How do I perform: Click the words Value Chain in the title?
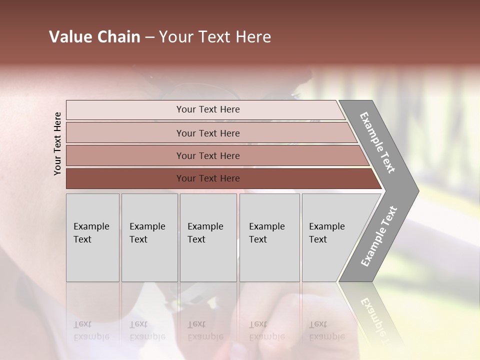94,37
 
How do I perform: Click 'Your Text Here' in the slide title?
215,37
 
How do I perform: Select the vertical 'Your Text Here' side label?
57,143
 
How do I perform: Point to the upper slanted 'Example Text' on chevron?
377,143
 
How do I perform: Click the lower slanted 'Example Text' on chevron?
378,236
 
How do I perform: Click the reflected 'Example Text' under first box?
91,330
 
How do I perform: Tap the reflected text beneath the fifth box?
326,330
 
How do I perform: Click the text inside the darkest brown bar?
208,178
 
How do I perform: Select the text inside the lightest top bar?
208,109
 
